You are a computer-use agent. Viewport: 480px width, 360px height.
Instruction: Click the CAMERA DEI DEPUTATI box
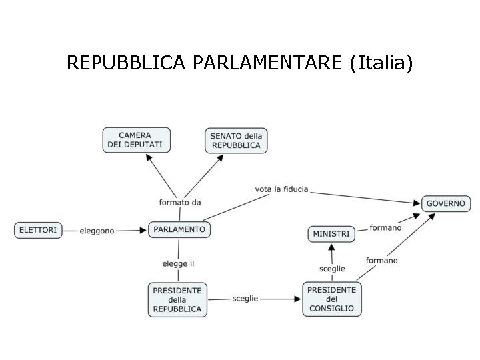pyautogui.click(x=136, y=140)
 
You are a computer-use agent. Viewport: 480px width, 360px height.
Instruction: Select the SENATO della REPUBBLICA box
pyautogui.click(x=236, y=141)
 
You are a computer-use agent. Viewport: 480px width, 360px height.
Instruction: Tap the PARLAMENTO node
pyautogui.click(x=179, y=229)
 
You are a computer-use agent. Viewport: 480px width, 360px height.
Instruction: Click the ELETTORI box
pyautogui.click(x=38, y=230)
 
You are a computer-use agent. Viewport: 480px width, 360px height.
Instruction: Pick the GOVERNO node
pyautogui.click(x=446, y=203)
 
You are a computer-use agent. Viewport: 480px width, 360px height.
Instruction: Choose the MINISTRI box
pyautogui.click(x=331, y=234)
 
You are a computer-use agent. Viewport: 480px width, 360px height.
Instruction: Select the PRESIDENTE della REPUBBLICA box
pyautogui.click(x=177, y=299)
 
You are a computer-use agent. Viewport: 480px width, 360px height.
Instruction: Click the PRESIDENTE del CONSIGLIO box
pyautogui.click(x=332, y=299)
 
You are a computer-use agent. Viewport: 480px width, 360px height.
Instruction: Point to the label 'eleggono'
pyautogui.click(x=97, y=231)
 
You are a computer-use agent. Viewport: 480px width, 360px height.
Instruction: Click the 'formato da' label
pyautogui.click(x=180, y=202)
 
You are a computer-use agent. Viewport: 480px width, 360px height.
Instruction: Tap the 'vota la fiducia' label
pyautogui.click(x=281, y=189)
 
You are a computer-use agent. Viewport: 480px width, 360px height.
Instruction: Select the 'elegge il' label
pyautogui.click(x=178, y=264)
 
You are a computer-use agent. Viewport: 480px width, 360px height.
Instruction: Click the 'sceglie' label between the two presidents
pyautogui.click(x=245, y=299)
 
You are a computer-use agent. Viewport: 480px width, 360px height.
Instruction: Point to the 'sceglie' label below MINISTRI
pyautogui.click(x=332, y=269)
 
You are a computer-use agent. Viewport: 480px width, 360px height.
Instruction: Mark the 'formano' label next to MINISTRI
pyautogui.click(x=385, y=228)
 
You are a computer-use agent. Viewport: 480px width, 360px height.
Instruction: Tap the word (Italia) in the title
pyautogui.click(x=381, y=63)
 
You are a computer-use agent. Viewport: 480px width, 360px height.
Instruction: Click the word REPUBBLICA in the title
pyautogui.click(x=127, y=63)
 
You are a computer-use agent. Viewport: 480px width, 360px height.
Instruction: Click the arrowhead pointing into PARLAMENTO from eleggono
pyautogui.click(x=143, y=230)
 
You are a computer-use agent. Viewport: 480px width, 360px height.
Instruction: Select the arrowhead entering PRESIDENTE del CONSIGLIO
pyautogui.click(x=298, y=299)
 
